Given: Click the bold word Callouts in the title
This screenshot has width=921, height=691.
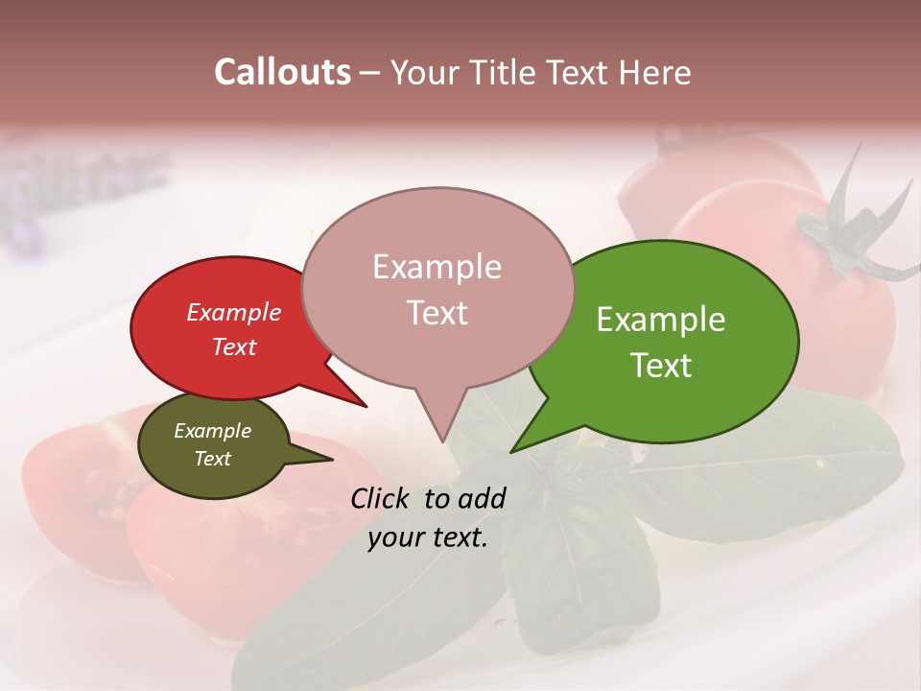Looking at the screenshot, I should [x=282, y=72].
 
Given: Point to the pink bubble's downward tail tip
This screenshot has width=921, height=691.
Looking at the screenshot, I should [x=442, y=441].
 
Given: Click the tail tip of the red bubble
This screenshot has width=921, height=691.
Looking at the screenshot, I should [x=366, y=406].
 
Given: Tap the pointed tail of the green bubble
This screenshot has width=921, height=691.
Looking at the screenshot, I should [x=513, y=450].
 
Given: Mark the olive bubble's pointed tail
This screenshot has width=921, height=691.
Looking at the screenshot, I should [x=331, y=459].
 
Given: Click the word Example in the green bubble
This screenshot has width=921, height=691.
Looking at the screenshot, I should [x=661, y=320].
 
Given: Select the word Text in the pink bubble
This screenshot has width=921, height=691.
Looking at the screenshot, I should [x=437, y=313].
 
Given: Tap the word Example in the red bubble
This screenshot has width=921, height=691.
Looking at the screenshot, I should [x=233, y=312].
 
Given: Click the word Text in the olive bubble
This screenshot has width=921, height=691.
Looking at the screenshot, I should [x=212, y=459].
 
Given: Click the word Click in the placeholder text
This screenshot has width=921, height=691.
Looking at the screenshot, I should [x=381, y=498].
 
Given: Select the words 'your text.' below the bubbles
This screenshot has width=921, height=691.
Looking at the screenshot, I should [x=428, y=537].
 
